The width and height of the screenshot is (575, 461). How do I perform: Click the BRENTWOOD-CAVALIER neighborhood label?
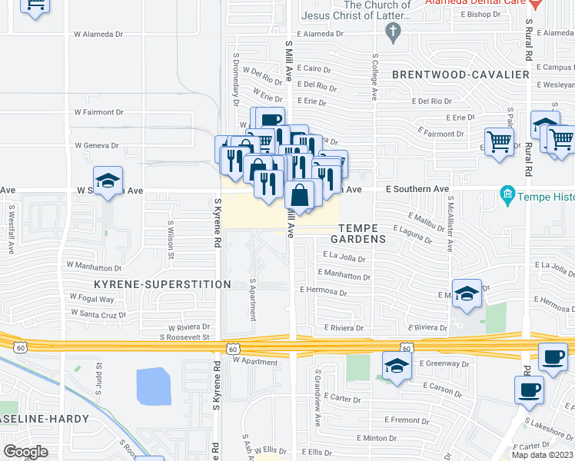pyautogui.click(x=460, y=75)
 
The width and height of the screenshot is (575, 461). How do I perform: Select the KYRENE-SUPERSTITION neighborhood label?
pyautogui.click(x=162, y=284)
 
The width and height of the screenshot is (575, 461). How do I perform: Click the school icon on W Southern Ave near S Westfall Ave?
pyautogui.click(x=108, y=182)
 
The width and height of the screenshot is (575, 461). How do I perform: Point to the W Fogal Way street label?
pyautogui.click(x=91, y=299)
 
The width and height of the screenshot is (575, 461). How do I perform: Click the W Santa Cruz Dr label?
pyautogui.click(x=98, y=313)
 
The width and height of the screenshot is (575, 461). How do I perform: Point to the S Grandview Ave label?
pyautogui.click(x=317, y=399)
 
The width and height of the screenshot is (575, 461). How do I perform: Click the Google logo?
pyautogui.click(x=25, y=452)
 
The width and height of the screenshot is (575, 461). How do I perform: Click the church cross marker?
pyautogui.click(x=394, y=31)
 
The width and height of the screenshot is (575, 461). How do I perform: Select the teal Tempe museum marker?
pyautogui.click(x=507, y=194)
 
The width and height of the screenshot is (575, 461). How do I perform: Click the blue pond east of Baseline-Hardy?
pyautogui.click(x=154, y=386)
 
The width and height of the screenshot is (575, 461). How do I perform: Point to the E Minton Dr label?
pyautogui.click(x=377, y=437)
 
